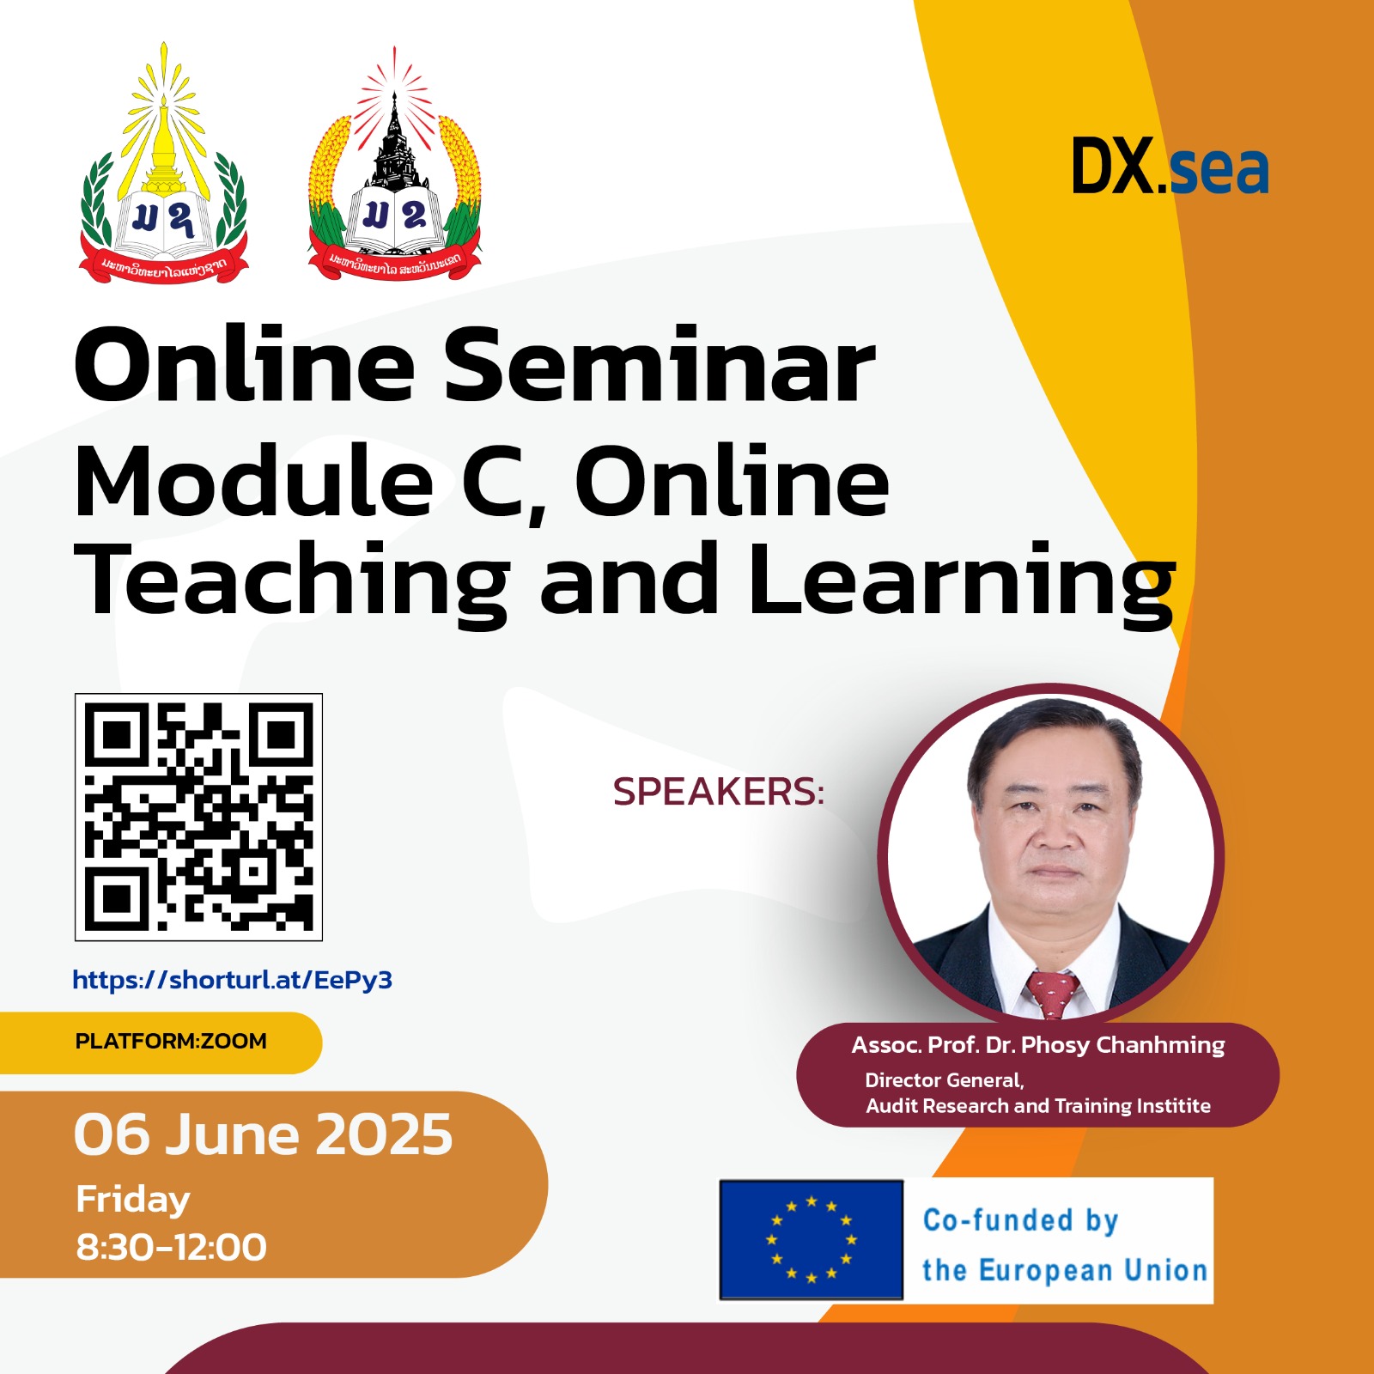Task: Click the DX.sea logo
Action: coord(1170,167)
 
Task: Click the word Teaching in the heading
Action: coord(292,582)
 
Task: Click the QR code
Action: coord(198,817)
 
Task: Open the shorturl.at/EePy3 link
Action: coord(232,980)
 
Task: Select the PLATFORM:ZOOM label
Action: coord(171,1042)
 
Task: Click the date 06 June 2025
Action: coord(263,1134)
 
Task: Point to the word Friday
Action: coord(133,1200)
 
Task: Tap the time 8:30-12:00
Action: coord(172,1247)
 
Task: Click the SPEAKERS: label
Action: coord(718,792)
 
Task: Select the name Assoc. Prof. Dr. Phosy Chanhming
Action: coord(1037,1045)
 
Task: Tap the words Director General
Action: coord(944,1080)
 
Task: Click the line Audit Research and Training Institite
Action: coord(1037,1106)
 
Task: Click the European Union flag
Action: coord(812,1239)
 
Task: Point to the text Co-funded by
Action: coord(1020,1220)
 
